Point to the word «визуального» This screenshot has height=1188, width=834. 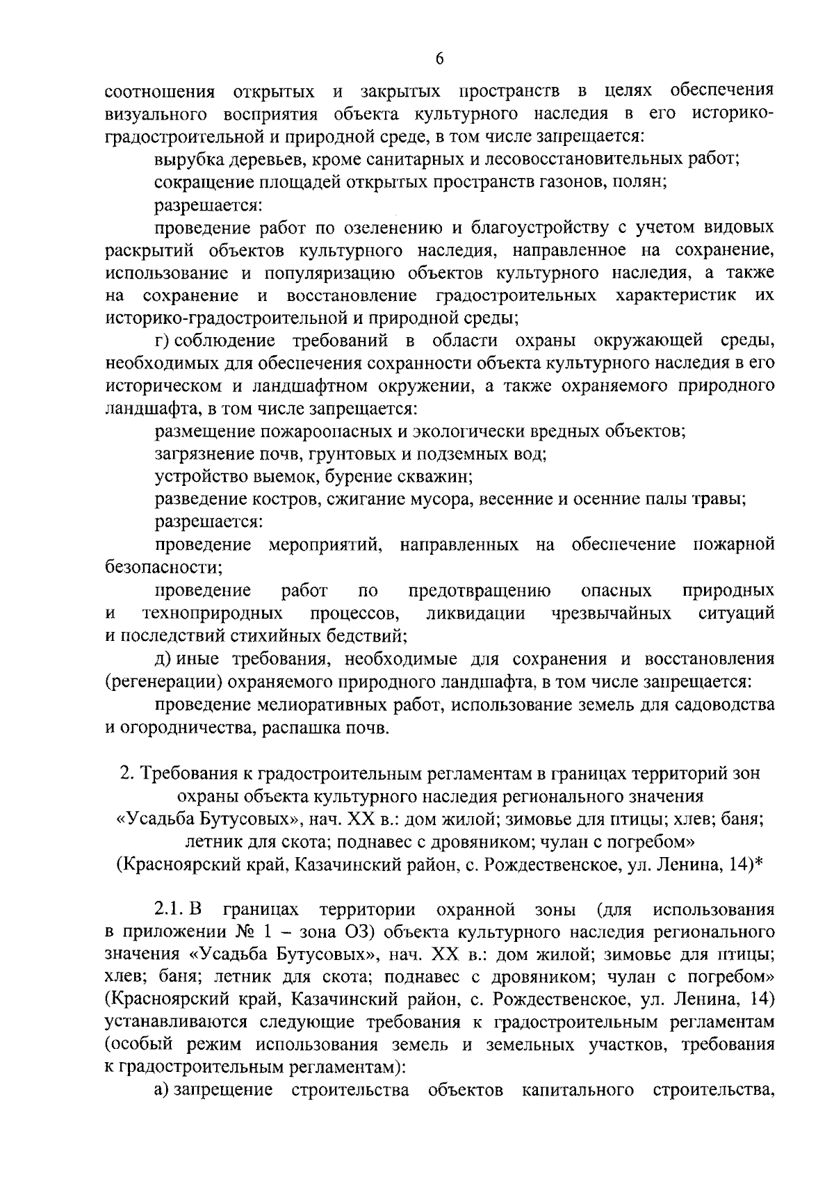(x=155, y=114)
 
